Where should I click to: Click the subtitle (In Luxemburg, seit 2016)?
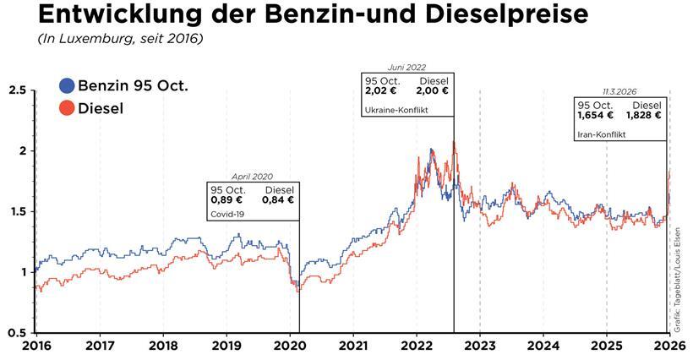coord(120,40)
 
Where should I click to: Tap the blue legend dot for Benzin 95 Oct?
coord(68,86)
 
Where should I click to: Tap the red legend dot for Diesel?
coord(68,109)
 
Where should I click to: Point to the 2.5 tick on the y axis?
coord(16,90)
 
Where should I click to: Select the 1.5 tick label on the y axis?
coord(16,211)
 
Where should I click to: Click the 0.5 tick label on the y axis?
coord(16,332)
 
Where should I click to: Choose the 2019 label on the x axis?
coord(226,346)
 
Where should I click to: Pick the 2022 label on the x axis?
coord(417,346)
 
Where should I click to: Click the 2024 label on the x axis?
coord(543,346)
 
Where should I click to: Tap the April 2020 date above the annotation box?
coord(254,176)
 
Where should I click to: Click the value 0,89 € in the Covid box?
coord(226,200)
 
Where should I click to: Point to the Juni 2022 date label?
coord(407,68)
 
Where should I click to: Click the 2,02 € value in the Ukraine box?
coord(381,91)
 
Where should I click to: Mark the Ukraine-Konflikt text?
coord(394,111)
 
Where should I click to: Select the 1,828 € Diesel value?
coord(643,115)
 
